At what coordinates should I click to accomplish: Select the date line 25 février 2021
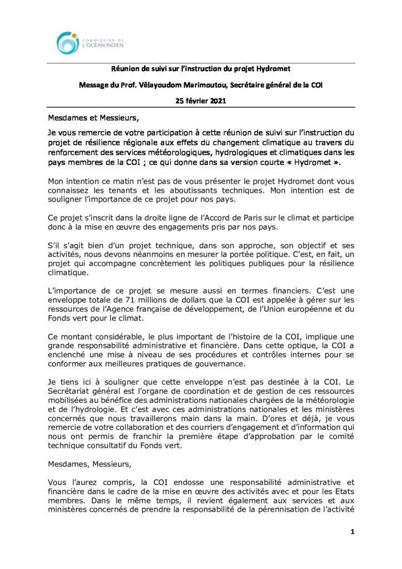pyautogui.click(x=200, y=101)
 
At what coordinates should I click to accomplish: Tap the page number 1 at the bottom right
pyautogui.click(x=352, y=532)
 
